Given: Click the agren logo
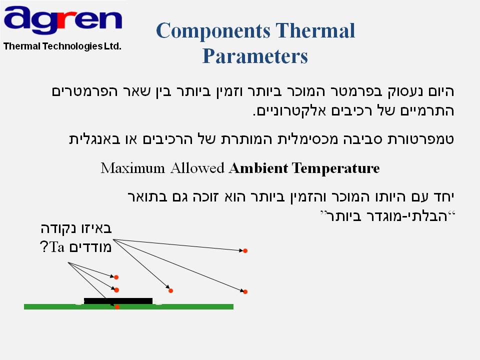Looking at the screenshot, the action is tap(63, 20).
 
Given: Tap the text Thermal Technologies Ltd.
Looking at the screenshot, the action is tap(62, 46).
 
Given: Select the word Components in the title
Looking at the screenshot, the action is tap(213, 31).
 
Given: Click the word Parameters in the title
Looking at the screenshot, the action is tap(255, 56).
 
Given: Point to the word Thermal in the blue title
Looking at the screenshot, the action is tap(315, 30).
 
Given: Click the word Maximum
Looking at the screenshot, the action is tap(133, 168).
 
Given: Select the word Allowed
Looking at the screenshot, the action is tap(197, 168).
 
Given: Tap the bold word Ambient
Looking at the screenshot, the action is tap(258, 168).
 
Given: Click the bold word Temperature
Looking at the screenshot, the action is tap(336, 168).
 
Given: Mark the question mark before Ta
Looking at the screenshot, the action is tap(44, 246).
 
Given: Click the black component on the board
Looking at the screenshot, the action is tap(118, 301).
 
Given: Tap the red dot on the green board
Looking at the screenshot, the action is tap(117, 306).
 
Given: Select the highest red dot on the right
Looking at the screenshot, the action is tap(245, 250).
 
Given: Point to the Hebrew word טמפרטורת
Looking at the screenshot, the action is tap(421, 139).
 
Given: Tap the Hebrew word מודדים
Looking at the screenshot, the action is tap(89, 246).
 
